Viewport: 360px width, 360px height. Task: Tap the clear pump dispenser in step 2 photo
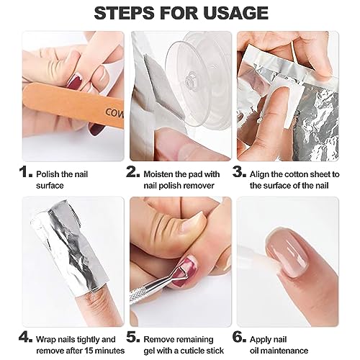pos(194,72)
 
